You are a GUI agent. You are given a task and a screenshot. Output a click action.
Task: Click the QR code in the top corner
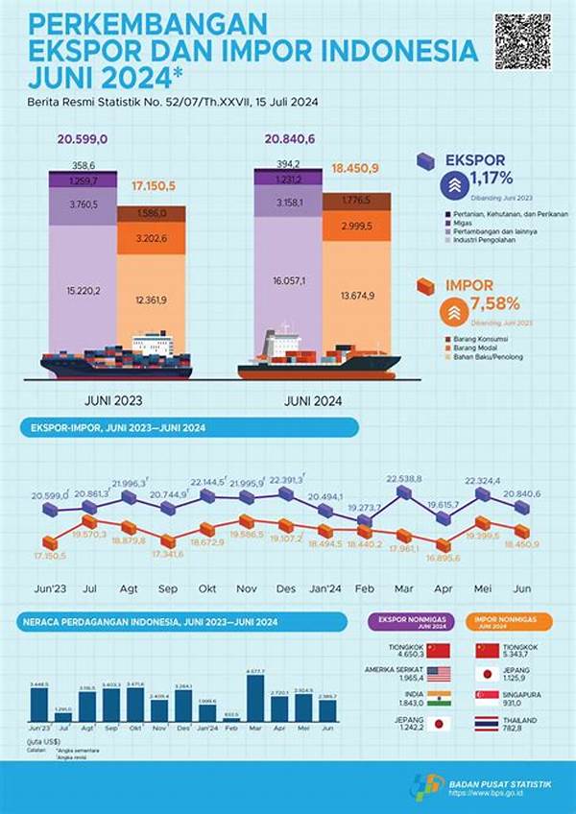point(523,41)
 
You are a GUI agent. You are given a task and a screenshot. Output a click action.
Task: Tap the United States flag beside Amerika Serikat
point(438,673)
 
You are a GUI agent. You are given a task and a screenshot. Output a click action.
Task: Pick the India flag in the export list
point(438,699)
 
